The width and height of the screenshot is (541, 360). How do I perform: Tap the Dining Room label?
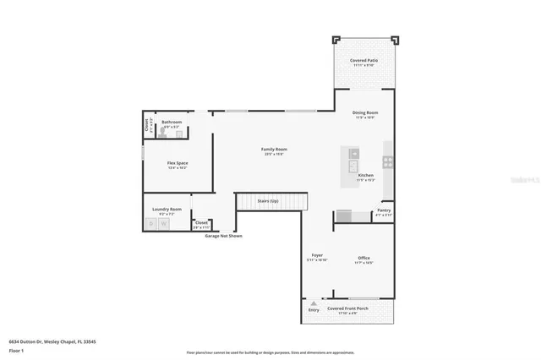click(x=365, y=112)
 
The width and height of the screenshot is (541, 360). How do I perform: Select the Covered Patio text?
click(x=364, y=61)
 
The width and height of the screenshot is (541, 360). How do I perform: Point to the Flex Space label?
click(x=178, y=162)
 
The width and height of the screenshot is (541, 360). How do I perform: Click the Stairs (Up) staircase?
click(x=268, y=201)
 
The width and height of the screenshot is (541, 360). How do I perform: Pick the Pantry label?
click(x=384, y=210)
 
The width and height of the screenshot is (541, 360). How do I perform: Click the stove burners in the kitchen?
click(x=388, y=160)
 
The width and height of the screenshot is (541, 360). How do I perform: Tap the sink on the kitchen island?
click(x=354, y=154)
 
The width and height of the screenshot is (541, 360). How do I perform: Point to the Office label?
click(x=363, y=258)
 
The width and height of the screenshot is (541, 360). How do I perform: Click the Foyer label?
click(x=317, y=254)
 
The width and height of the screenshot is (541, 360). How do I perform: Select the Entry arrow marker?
click(x=314, y=303)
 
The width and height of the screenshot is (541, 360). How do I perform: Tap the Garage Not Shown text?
click(x=223, y=236)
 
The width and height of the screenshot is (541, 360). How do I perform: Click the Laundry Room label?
click(x=167, y=209)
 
